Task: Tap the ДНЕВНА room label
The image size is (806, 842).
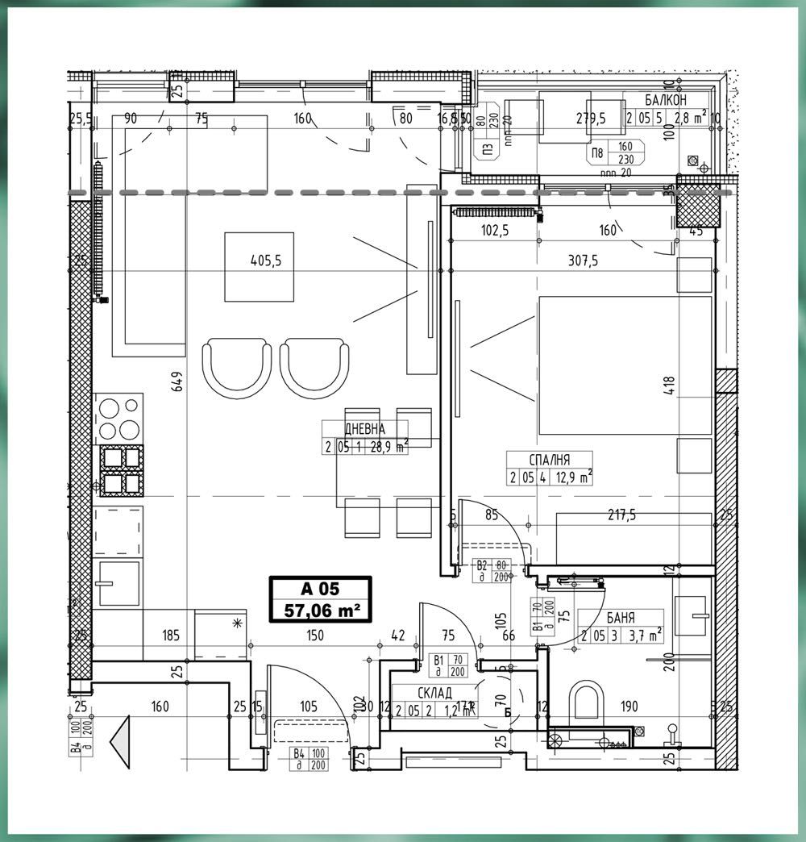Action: (364, 430)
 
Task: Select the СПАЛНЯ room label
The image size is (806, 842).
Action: (549, 460)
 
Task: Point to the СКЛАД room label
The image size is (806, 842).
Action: (434, 693)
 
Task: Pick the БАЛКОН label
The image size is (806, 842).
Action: (666, 101)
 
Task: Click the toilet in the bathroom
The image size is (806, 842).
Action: (586, 702)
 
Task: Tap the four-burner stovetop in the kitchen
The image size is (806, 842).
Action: (118, 419)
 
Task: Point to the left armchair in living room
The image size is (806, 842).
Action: (235, 365)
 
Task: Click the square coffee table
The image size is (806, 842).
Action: (259, 267)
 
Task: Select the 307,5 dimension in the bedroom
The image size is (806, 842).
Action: (583, 261)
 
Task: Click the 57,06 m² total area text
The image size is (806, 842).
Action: (320, 611)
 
